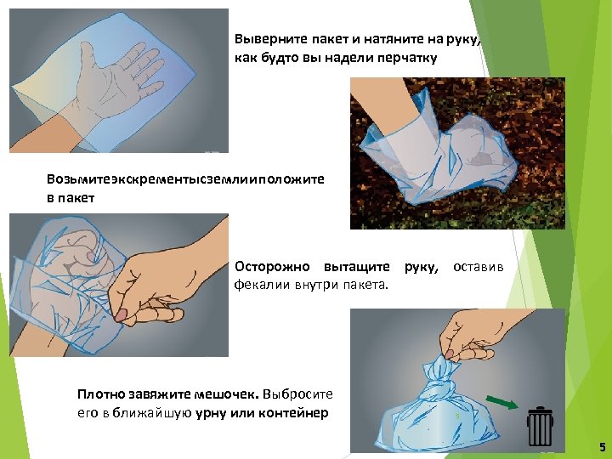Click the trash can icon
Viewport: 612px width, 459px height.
pos(540,426)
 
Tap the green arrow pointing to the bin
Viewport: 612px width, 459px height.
pos(502,402)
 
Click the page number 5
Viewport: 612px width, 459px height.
pos(603,446)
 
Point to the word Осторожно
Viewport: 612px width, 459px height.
pos(272,267)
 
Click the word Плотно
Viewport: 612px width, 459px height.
pos(101,394)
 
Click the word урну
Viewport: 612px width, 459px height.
pos(211,413)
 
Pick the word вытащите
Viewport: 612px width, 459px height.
pos(357,268)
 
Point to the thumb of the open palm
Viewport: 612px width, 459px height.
pos(88,55)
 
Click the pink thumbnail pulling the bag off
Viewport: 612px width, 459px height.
pos(122,314)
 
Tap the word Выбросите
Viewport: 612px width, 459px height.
pos(297,394)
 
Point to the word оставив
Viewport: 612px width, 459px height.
pos(478,268)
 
